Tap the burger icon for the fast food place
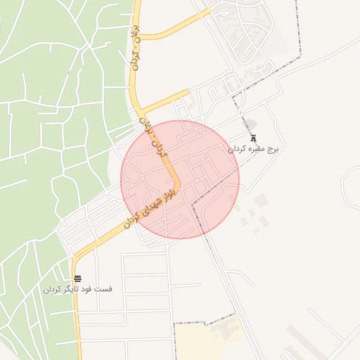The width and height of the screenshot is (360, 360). pos(77,278)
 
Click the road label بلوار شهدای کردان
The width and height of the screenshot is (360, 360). pos(151,203)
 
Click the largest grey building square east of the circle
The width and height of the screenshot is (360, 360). pos(261,201)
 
